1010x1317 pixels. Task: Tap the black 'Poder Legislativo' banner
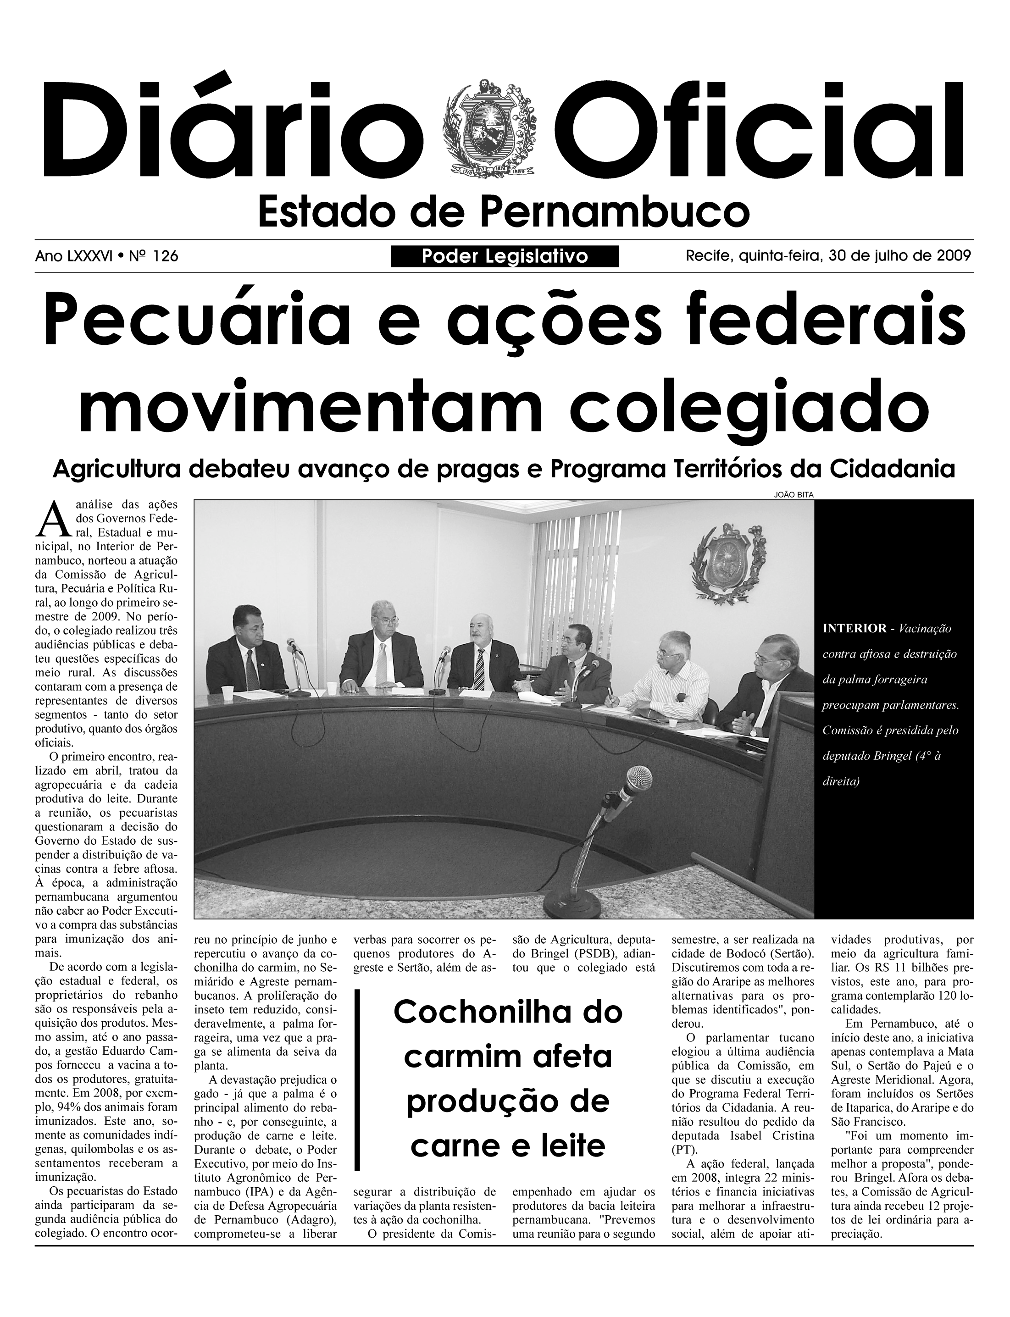[x=505, y=257]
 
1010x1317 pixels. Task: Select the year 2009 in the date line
[x=954, y=256]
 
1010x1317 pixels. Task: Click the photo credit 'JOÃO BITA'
[x=793, y=494]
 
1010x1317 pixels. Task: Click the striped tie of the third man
[x=479, y=669]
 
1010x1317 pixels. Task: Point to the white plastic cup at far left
[x=227, y=693]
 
